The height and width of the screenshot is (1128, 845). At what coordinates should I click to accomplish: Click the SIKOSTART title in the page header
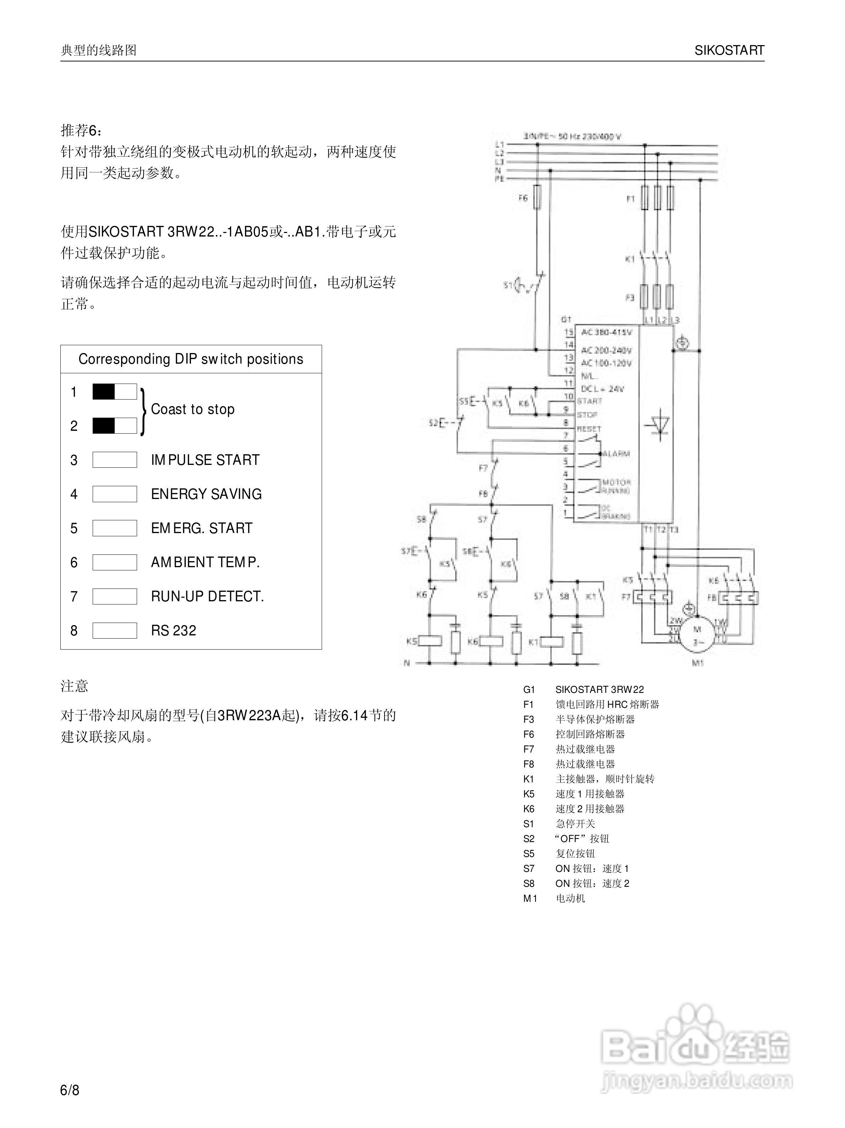(x=729, y=50)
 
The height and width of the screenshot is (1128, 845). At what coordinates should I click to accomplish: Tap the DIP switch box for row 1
(x=114, y=392)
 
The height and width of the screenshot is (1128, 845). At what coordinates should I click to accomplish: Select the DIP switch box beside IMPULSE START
(x=114, y=460)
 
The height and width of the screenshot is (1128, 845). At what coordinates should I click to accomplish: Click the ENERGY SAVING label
(x=206, y=494)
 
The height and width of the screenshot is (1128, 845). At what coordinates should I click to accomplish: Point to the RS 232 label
(x=173, y=630)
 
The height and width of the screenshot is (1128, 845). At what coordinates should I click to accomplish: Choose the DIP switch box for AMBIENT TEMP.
(x=114, y=562)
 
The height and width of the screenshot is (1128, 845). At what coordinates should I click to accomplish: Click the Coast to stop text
(x=193, y=409)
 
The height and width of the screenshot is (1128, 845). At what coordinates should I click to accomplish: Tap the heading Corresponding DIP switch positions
(x=191, y=359)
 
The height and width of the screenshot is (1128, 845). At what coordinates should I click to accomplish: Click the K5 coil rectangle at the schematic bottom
(x=429, y=641)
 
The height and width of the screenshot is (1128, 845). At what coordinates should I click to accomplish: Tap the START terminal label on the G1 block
(x=589, y=401)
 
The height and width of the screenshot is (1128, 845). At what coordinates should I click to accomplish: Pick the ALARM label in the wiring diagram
(x=617, y=453)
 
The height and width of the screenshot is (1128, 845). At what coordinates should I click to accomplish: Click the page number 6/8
(x=70, y=1090)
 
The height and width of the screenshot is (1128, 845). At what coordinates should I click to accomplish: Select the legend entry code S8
(x=529, y=883)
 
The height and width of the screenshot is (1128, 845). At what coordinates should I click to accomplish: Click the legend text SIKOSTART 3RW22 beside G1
(x=599, y=689)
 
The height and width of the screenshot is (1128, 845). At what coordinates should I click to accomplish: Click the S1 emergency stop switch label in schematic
(x=508, y=285)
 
